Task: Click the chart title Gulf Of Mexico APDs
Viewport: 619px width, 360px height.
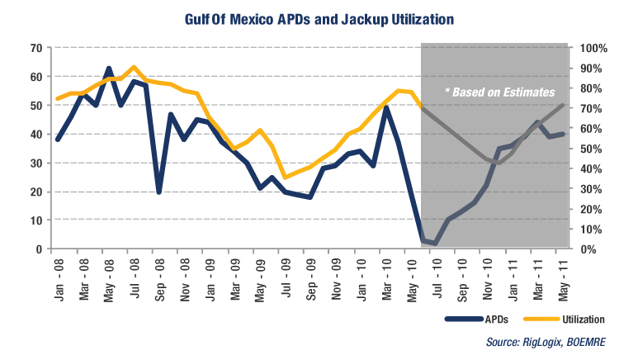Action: coord(309,17)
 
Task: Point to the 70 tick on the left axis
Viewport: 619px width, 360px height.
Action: coord(36,48)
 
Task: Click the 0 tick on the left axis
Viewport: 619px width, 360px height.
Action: coord(39,249)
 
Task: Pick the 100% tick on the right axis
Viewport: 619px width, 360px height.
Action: coord(593,48)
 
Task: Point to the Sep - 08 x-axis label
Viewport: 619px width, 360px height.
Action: coord(159,277)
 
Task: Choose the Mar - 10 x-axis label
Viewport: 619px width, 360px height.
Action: coord(386,277)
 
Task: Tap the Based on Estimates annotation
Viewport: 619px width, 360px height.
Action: coord(499,92)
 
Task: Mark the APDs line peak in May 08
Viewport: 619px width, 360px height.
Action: coord(109,69)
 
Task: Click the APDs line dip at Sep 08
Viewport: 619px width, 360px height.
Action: coord(158,192)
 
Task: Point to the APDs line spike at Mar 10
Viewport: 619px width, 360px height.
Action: coord(386,107)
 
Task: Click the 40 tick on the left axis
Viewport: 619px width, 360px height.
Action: coord(36,134)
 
